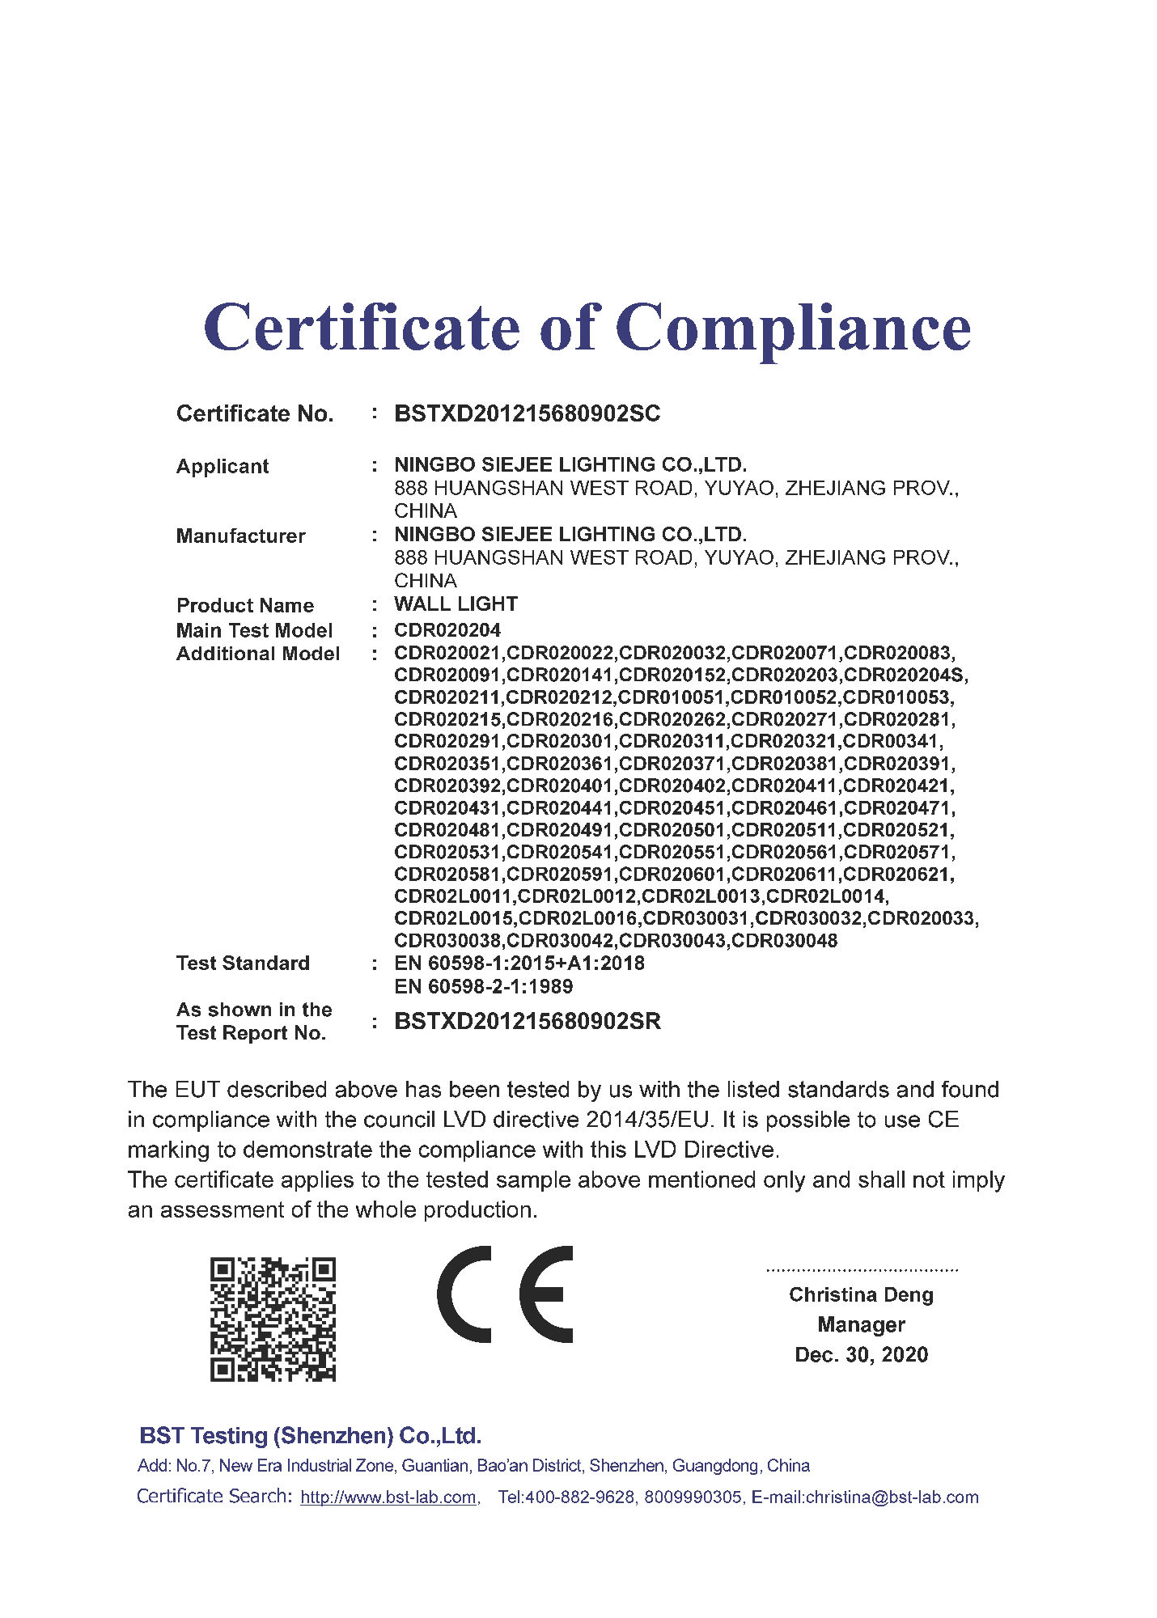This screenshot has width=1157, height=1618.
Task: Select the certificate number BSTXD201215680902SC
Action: pos(527,414)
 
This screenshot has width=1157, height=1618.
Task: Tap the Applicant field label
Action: pos(222,467)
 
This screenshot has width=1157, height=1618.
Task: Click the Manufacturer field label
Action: pos(240,536)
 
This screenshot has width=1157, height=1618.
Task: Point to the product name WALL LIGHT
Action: pos(456,604)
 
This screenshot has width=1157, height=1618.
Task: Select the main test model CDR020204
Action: pos(447,630)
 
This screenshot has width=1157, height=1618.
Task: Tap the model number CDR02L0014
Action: pos(826,896)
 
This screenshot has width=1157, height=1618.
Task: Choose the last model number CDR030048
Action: pos(784,941)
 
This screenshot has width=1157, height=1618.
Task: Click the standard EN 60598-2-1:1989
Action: pos(483,987)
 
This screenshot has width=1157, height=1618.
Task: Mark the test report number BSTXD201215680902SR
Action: pos(527,1022)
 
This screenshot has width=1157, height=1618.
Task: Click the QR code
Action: pos(273,1319)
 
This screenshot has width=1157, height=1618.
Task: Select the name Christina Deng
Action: pos(861,1295)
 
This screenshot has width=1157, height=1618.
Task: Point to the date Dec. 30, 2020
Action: pos(861,1355)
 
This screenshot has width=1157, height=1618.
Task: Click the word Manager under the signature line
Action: pos(861,1325)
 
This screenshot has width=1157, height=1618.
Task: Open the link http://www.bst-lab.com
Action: pos(388,1497)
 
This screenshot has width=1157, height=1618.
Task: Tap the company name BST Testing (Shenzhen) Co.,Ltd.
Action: pos(311,1436)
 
